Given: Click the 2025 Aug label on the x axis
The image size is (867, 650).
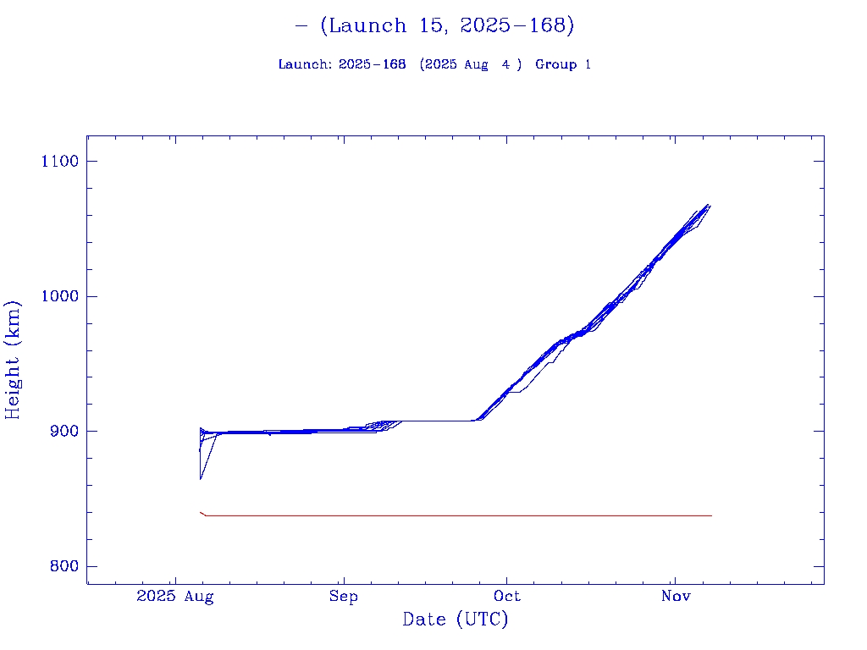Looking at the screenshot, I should [175, 597].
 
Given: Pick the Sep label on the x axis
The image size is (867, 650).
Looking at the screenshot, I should [344, 597].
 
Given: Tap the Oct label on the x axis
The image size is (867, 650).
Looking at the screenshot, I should [507, 597].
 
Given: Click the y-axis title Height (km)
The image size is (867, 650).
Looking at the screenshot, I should [14, 360].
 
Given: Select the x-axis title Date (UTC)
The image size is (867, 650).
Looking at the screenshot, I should [456, 620].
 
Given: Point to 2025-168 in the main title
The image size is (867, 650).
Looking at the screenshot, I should [512, 26].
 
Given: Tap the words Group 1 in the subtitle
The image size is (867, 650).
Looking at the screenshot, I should [563, 65].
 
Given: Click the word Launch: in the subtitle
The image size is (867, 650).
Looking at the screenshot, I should [305, 65].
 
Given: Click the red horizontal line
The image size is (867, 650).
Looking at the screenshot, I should [457, 515].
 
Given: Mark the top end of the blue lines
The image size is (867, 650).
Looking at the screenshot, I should [709, 205].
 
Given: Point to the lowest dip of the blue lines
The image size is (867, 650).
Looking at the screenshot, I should [201, 479].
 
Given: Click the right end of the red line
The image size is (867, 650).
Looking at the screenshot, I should [711, 515].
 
